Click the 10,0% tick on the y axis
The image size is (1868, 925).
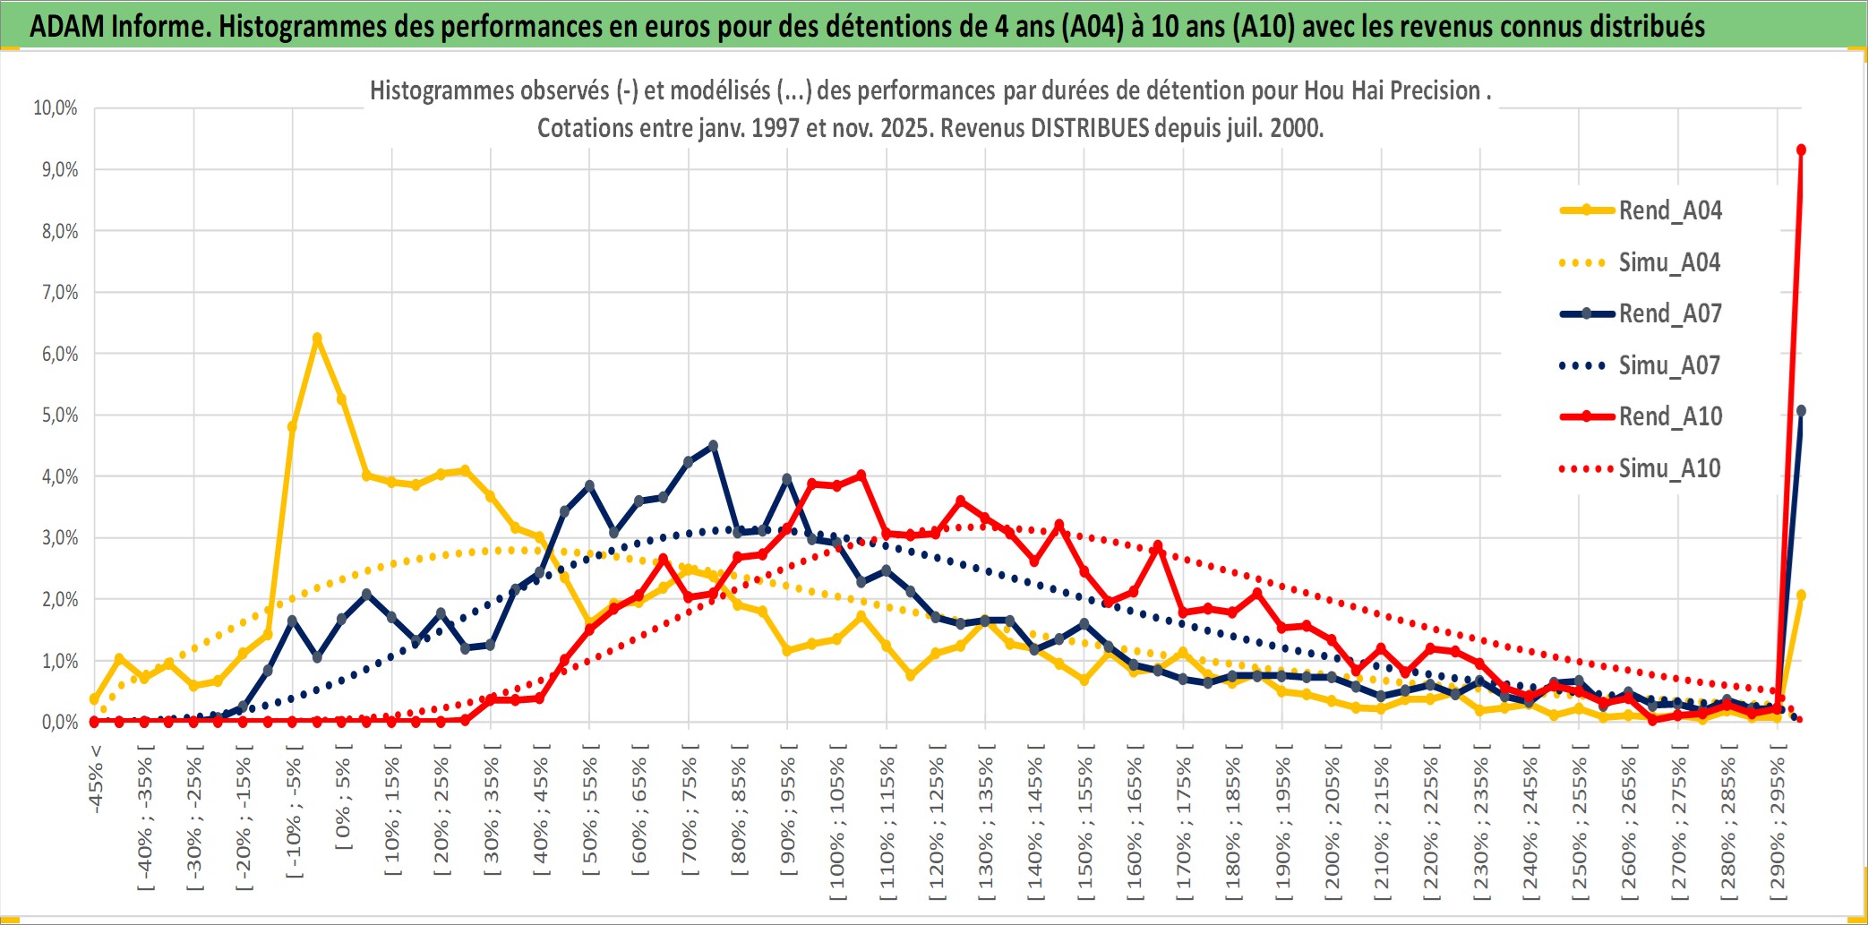(56, 108)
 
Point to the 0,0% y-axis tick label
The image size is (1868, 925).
(59, 723)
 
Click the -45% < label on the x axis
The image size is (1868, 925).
(96, 779)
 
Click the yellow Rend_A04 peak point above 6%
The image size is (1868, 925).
(317, 338)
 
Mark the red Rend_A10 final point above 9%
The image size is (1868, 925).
(1801, 150)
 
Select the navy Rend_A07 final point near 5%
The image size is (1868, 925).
(1801, 411)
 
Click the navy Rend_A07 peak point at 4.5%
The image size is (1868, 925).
(713, 445)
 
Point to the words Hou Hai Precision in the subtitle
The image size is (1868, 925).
(1392, 90)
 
